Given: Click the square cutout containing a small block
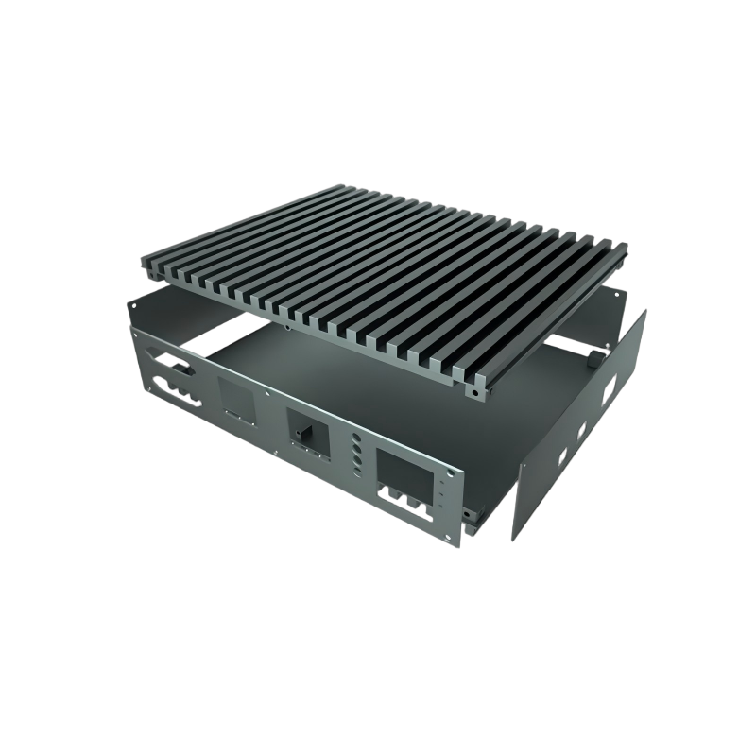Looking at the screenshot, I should (x=309, y=433).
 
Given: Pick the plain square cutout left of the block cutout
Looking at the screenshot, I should (x=235, y=399).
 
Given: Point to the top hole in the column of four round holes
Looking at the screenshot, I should (x=356, y=438).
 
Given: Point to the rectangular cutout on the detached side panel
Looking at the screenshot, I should (x=607, y=389).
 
